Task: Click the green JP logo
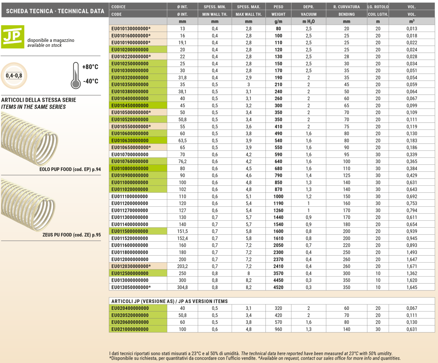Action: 13,37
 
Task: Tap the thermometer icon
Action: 76,76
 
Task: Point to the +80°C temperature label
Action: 90,67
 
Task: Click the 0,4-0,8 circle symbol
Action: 14,76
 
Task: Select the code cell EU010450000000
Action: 130,106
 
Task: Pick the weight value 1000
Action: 278,196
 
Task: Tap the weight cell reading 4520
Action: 278,287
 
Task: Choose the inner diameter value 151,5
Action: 182,231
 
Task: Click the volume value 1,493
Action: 412,252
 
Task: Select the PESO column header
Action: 278,7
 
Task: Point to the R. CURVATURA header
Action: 346,7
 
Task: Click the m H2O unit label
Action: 309,21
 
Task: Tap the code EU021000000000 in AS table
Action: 130,329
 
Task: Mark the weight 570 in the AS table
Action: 278,322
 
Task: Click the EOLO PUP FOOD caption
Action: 70,169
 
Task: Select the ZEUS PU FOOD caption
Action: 72,235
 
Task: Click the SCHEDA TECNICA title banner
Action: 55,11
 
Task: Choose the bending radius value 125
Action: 346,176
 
